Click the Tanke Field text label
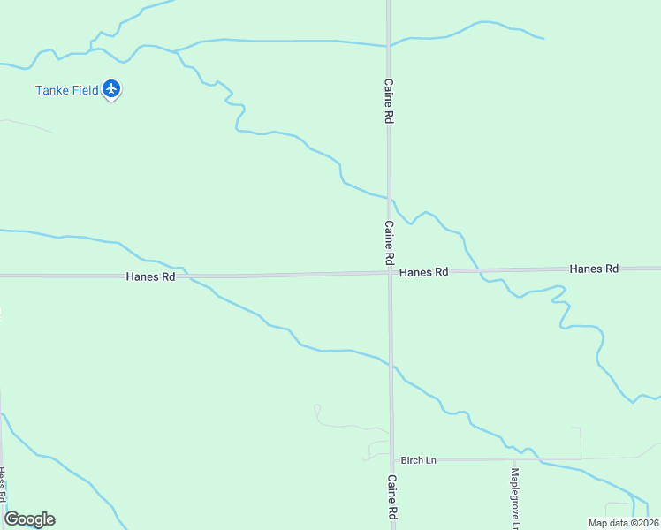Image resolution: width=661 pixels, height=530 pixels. point(66,90)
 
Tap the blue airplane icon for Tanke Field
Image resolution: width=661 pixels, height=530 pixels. point(111,88)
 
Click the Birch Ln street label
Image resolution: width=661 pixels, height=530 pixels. point(419,460)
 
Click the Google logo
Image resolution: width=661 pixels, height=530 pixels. point(29,519)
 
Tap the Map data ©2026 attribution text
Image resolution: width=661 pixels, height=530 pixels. point(623,523)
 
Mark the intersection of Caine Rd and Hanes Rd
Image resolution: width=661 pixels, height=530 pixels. point(390,272)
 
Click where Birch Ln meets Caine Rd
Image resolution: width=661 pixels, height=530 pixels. point(391,459)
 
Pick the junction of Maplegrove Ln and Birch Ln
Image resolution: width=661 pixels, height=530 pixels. point(514,459)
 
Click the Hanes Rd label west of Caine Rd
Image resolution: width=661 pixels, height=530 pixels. point(150,276)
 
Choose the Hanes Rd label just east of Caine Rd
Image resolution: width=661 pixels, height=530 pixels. point(424,272)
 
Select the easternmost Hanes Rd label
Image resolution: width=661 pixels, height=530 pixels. point(594,269)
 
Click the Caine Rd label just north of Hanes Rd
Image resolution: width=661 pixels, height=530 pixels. point(389,243)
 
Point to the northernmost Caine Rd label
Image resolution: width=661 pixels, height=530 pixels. point(388,101)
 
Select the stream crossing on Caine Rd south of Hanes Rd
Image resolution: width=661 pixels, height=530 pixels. point(391,363)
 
